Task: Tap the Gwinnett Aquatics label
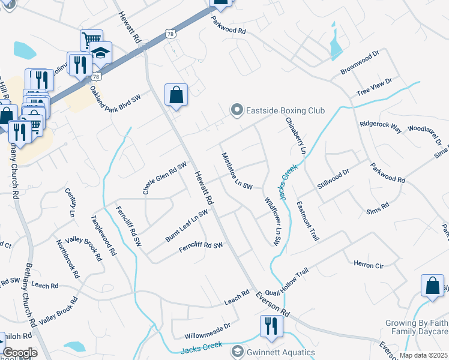pos(280,353)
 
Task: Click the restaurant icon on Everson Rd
pos(271,326)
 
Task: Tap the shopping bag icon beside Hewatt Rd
pos(176,95)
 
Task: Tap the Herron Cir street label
pos(368,264)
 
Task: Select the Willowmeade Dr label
pos(208,330)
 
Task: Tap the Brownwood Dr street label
pos(360,62)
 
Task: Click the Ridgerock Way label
pos(381,126)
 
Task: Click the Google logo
pos(20,353)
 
